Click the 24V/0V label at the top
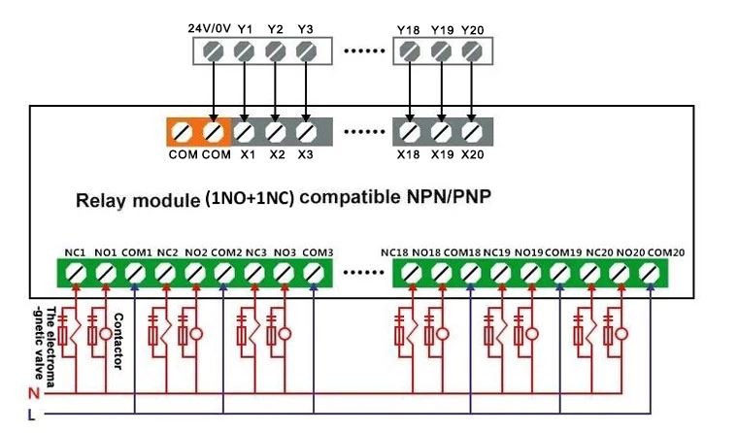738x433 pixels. coord(209,29)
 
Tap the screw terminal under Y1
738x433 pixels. coord(244,51)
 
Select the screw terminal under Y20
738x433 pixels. coord(473,51)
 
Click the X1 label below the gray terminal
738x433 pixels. coord(247,154)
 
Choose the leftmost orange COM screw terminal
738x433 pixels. coord(183,130)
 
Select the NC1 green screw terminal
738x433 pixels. coord(75,274)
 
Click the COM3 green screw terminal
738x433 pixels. coord(315,274)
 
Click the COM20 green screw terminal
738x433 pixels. coord(651,274)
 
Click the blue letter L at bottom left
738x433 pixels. coord(34,415)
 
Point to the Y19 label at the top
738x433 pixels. coord(442,29)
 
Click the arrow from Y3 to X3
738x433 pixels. coord(306,92)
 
